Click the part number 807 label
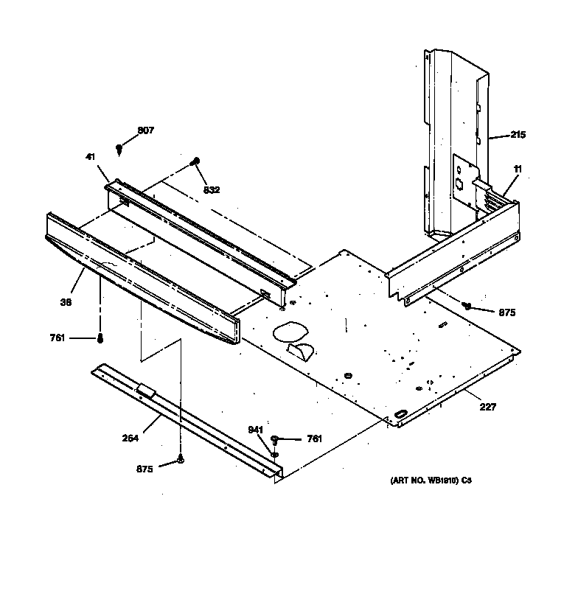coord(146,130)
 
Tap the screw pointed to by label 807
coord(119,149)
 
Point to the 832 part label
coord(212,189)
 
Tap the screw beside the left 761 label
coord(100,338)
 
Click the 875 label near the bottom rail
coord(144,469)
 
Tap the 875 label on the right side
coord(506,312)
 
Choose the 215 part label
coord(518,134)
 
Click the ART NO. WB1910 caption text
coord(430,481)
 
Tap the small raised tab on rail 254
coord(144,390)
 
